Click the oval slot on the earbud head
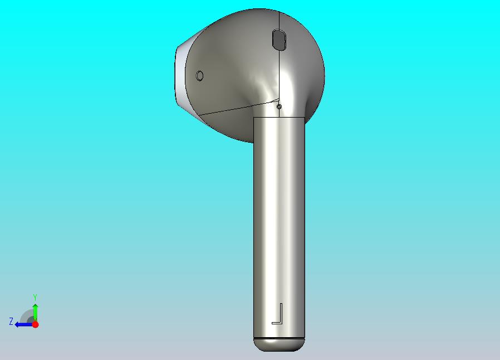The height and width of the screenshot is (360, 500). tap(279, 40)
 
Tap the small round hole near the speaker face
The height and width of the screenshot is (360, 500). tap(200, 76)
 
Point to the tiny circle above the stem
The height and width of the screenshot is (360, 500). tap(279, 106)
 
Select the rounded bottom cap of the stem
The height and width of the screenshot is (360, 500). tap(279, 345)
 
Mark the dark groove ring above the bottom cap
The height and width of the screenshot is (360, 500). tap(279, 338)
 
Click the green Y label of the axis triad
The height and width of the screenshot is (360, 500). tap(35, 298)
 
